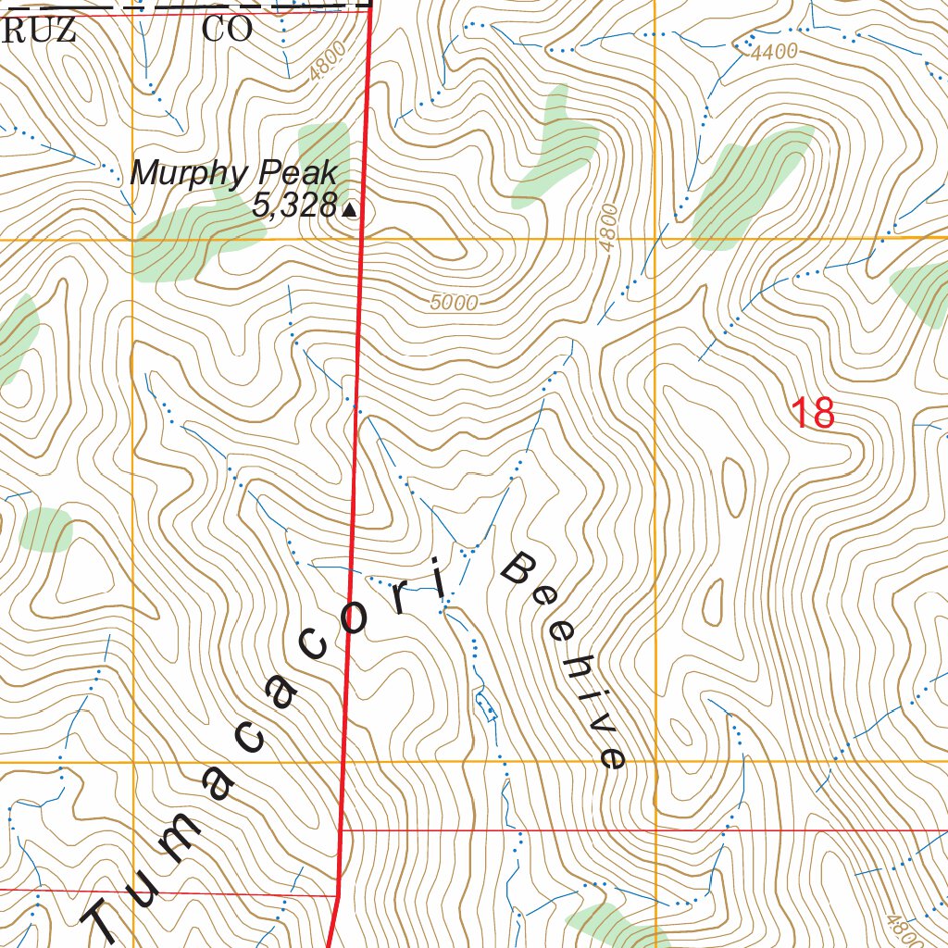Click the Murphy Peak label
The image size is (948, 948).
click(232, 173)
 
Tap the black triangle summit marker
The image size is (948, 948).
click(350, 211)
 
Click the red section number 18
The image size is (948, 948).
click(814, 413)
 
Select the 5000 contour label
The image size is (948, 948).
click(454, 303)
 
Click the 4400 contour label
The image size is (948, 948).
click(774, 53)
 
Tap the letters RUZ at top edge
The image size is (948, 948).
click(38, 30)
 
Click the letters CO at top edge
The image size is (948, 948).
click(227, 30)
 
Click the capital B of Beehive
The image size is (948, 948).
click(519, 567)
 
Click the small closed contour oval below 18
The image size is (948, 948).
click(733, 485)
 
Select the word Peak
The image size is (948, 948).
click(298, 173)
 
